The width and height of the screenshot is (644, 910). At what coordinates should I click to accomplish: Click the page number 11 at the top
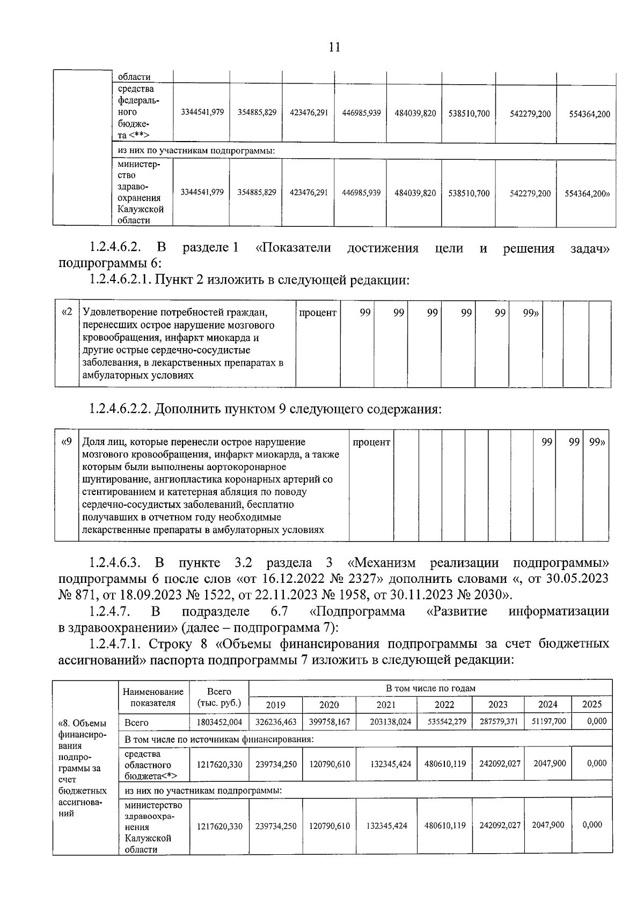334,47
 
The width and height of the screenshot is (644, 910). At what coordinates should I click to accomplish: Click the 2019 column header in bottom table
276,705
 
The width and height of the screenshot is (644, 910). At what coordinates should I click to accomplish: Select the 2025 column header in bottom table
591,704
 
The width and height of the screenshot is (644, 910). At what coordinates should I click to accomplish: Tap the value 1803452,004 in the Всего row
219,722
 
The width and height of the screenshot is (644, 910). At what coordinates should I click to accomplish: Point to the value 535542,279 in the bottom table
444,722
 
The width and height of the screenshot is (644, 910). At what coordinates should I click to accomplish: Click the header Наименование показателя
153,697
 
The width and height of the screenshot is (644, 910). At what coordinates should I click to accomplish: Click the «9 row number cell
67,442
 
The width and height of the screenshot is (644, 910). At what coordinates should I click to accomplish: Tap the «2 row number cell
67,312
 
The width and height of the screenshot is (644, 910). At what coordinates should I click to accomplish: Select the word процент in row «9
371,442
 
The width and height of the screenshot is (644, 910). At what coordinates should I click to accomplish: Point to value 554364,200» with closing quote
587,194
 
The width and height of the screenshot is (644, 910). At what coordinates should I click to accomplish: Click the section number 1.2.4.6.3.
115,563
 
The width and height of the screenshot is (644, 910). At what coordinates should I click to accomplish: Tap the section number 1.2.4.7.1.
115,643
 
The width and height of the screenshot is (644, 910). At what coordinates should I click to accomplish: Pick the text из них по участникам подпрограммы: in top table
196,151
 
